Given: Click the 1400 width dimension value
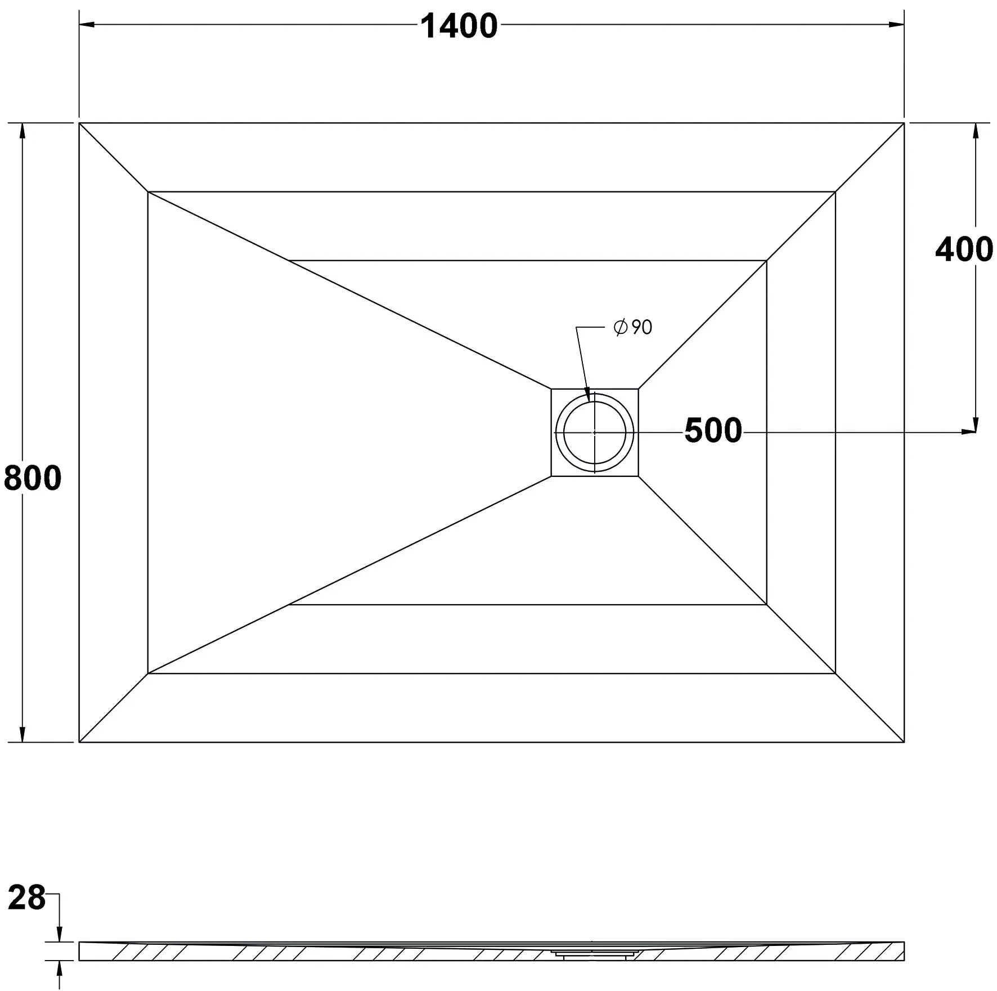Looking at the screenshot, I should click(x=459, y=26).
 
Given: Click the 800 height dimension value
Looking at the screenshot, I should click(x=33, y=479).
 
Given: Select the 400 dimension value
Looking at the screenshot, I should click(x=964, y=249).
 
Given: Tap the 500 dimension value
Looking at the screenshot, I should click(x=713, y=431).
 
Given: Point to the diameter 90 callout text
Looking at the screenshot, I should click(x=634, y=327).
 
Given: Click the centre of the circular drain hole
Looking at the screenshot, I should click(x=594, y=432).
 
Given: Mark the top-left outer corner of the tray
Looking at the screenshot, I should click(x=79, y=123).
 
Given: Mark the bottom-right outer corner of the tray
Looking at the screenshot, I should click(x=904, y=742).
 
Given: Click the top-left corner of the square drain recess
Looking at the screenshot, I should click(x=551, y=389).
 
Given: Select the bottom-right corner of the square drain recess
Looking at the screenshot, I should click(x=638, y=476).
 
